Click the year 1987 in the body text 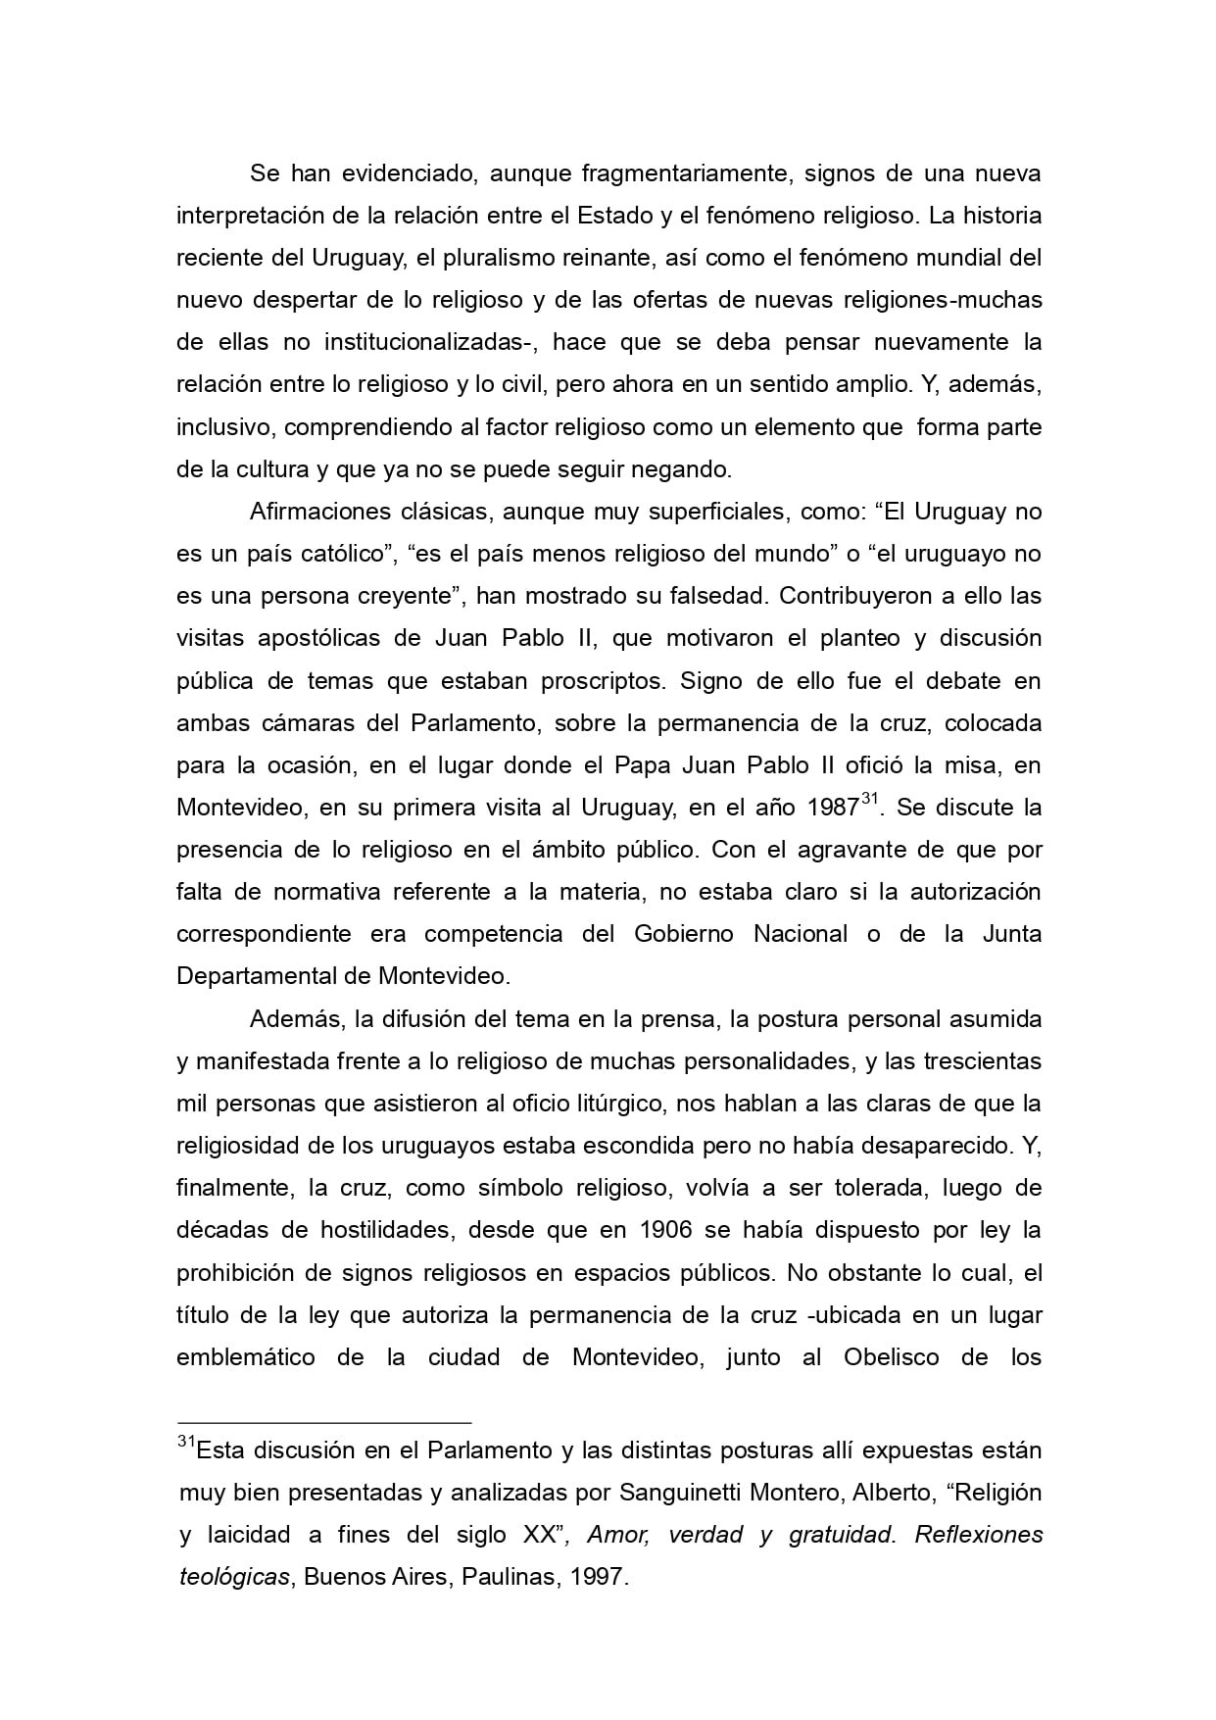[x=833, y=809]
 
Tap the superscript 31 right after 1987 [x=869, y=800]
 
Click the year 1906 [x=671, y=1230]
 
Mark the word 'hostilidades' [x=386, y=1230]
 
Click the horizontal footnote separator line [x=324, y=1421]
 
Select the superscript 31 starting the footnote [x=186, y=1443]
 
